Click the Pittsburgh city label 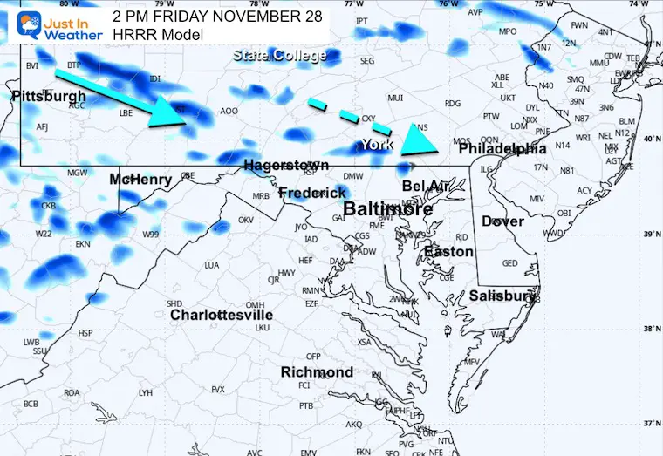tap(50, 96)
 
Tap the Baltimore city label tap(388, 210)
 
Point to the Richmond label tap(317, 372)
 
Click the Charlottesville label tap(222, 315)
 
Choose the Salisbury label tap(502, 296)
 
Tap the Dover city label tap(502, 221)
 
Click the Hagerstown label tap(286, 165)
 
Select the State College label tap(279, 56)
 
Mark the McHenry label tap(140, 180)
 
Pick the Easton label tap(448, 252)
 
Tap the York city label tap(378, 144)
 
